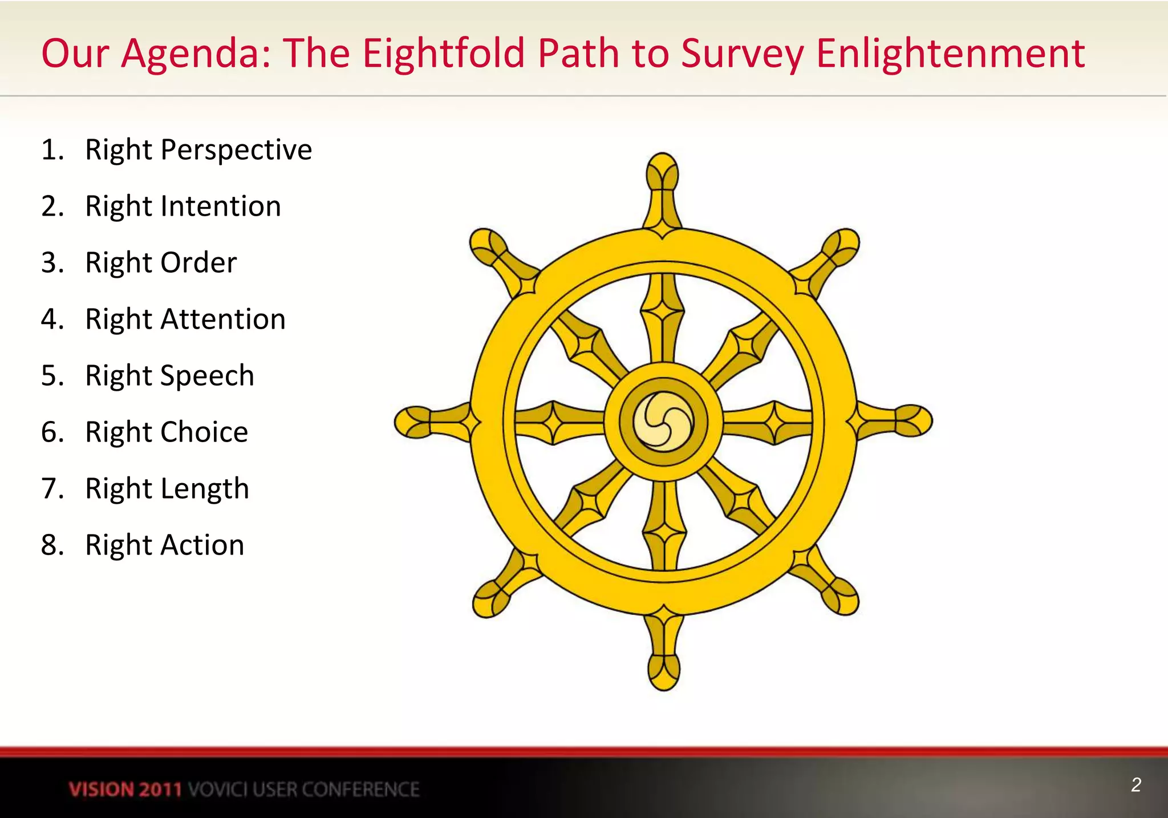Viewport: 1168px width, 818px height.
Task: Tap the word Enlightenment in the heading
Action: (950, 53)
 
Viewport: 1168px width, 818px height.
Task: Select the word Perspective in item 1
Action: (236, 150)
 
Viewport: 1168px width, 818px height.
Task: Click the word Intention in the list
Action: (221, 206)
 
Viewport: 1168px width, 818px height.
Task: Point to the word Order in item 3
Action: (198, 263)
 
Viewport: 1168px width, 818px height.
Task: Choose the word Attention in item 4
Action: (223, 319)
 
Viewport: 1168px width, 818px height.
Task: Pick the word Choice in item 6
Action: (204, 432)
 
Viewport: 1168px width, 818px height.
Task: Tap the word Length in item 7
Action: (205, 489)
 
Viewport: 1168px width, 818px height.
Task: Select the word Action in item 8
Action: (202, 545)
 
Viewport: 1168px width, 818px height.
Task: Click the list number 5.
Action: (51, 376)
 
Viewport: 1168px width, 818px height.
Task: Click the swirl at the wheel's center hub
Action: (663, 422)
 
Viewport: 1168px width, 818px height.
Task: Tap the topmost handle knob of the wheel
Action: (663, 171)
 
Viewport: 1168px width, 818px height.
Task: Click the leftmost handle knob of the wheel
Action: (413, 423)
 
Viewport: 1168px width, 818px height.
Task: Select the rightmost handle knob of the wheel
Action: (914, 421)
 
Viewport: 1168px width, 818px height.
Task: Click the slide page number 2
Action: (1135, 785)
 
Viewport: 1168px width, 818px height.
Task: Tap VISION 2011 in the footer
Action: (125, 789)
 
